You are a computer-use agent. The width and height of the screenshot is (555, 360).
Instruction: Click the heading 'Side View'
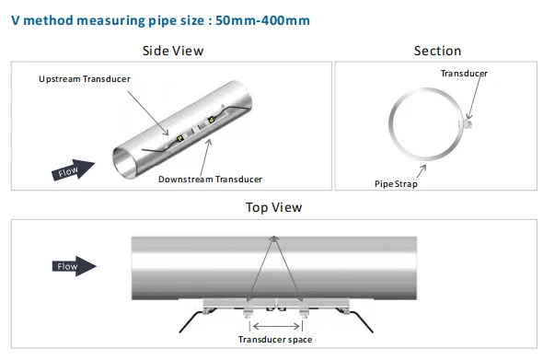(173, 51)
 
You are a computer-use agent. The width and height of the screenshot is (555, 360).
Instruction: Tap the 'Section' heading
(437, 51)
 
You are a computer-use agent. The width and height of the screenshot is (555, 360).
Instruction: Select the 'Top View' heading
(274, 207)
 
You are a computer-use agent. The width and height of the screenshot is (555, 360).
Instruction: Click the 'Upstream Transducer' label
(85, 79)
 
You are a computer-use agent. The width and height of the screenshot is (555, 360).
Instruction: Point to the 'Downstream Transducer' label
(210, 180)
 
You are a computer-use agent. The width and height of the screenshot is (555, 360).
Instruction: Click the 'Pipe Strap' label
(396, 184)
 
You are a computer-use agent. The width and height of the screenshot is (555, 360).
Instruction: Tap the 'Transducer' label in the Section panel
(464, 74)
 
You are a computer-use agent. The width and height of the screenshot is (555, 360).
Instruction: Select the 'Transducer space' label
(275, 340)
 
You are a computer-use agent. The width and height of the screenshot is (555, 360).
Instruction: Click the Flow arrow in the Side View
(74, 170)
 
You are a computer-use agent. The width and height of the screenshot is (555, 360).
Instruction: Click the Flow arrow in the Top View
(75, 266)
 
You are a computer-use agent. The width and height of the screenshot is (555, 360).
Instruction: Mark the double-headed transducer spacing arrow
(276, 326)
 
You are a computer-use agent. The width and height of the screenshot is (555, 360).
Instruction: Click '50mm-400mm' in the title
(262, 20)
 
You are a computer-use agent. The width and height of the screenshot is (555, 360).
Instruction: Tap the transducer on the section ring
(468, 124)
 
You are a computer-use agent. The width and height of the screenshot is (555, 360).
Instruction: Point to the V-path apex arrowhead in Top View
(274, 238)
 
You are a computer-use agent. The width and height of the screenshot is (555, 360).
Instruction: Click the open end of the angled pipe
(124, 163)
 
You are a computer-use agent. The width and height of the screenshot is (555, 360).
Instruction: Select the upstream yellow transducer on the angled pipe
(179, 138)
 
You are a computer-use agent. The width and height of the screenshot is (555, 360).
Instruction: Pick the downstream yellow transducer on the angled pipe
(212, 120)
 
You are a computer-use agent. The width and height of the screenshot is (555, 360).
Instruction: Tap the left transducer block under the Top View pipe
(249, 312)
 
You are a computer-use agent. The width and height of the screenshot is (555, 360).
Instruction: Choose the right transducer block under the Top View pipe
(304, 312)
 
